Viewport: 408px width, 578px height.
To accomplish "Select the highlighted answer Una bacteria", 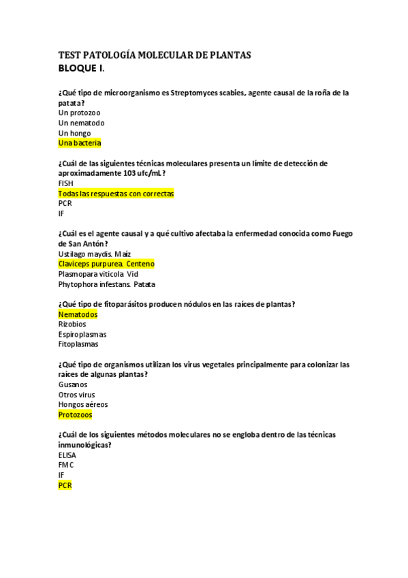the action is tap(80, 143).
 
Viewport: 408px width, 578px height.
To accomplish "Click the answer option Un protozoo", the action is tap(80, 112).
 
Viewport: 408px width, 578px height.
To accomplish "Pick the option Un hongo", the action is tap(74, 133).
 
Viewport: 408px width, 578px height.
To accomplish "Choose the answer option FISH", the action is tap(66, 183).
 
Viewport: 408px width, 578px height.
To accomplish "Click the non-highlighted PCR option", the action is tap(65, 203).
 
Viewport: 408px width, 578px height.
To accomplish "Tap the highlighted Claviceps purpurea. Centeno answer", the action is tap(107, 264).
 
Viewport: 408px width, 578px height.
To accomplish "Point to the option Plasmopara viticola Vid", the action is tap(98, 274).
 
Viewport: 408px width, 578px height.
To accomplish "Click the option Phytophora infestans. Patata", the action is tap(106, 284).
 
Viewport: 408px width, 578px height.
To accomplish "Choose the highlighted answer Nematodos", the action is tap(78, 314).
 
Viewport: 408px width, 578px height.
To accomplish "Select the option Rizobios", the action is tap(72, 324).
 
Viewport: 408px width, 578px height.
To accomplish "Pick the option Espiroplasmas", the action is tap(82, 335).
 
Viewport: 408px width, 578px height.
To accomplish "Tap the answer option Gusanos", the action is tap(73, 384).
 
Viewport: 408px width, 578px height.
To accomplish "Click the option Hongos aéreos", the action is tap(83, 405).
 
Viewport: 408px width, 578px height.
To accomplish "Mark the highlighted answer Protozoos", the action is tap(76, 414).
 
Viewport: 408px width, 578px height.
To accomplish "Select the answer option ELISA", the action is tap(67, 455).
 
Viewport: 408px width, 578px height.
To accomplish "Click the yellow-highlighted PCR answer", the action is tap(65, 485).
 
